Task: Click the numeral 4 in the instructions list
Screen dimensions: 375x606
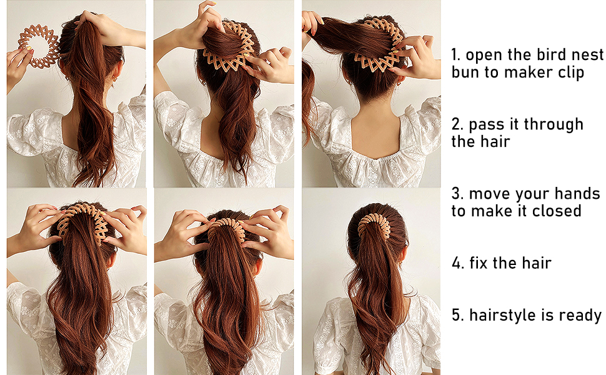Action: click(457, 263)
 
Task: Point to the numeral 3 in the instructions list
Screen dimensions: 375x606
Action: click(457, 194)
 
